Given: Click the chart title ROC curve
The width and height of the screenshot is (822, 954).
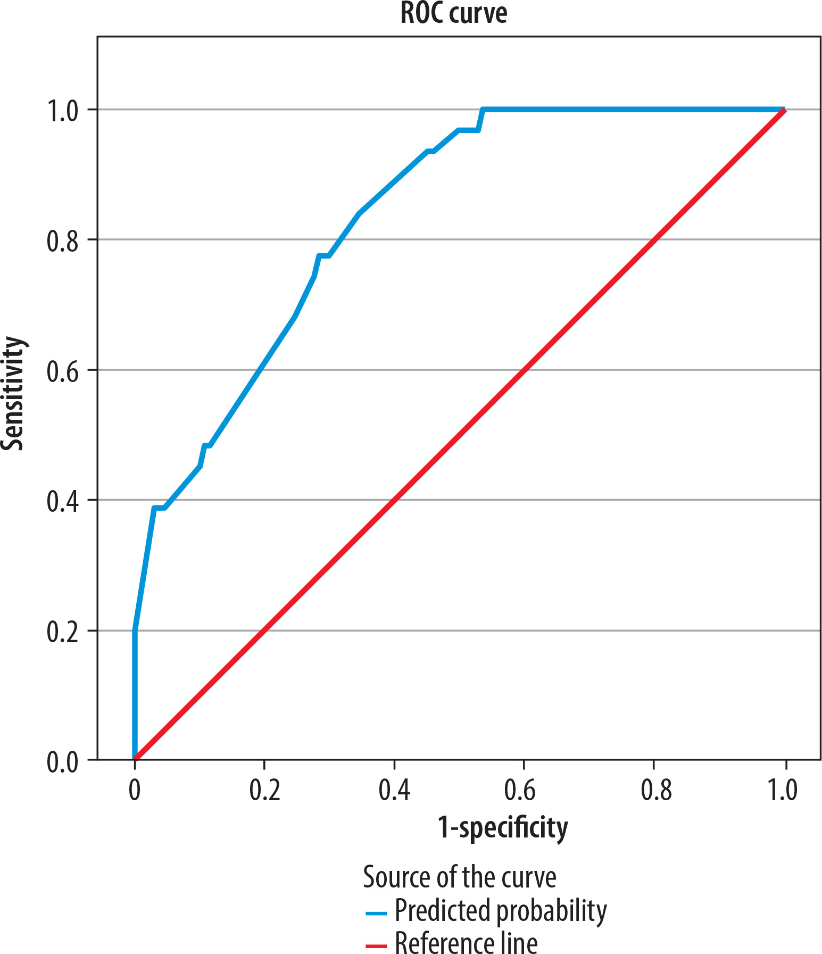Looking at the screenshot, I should pos(453,13).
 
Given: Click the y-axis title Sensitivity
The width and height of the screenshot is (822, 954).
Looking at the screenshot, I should pos(13,393).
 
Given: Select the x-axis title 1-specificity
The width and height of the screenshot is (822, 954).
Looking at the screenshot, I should pos(502,828).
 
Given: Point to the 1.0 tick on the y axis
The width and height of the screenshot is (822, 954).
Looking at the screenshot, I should pos(62,110).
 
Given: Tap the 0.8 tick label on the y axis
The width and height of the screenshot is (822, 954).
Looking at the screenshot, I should pos(62,240).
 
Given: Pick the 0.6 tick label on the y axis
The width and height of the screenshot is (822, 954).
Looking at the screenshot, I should pos(62,371).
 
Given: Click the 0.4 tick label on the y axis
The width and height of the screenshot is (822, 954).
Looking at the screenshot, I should pos(62,501).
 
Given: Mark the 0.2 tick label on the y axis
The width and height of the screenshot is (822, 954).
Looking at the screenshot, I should pos(62,632).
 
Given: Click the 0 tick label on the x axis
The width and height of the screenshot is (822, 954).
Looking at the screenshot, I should pos(135,790).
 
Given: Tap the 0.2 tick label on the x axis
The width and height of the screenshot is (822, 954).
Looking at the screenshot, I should pos(264,790).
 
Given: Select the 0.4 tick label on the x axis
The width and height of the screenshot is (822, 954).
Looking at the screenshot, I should pos(394,790).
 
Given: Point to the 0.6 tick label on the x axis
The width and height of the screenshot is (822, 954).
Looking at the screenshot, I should pos(524,790).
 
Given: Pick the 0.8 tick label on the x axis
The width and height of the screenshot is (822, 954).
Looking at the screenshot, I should pos(654,790).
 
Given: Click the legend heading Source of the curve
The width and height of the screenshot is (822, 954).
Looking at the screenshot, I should pos(459,877).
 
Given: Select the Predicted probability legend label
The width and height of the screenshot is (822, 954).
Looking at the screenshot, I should pos(500,911).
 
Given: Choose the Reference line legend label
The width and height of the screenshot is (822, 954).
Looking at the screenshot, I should pos(466,942).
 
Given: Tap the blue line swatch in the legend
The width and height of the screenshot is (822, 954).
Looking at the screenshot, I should pos(376,914).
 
